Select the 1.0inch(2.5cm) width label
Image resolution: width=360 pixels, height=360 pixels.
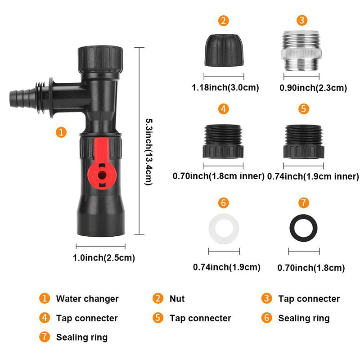[x=103, y=258]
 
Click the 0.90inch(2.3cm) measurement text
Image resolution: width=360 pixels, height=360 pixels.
[x=313, y=87]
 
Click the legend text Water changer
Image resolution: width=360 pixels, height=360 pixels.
[x=87, y=299]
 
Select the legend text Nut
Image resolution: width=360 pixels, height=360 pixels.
[x=177, y=299]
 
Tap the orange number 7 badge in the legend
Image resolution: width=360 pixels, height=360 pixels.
[x=45, y=337]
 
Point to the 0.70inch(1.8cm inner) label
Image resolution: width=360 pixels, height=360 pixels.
[x=218, y=176]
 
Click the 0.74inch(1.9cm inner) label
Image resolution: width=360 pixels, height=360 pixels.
[x=313, y=176]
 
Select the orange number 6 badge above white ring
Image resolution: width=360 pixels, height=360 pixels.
[x=223, y=202]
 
